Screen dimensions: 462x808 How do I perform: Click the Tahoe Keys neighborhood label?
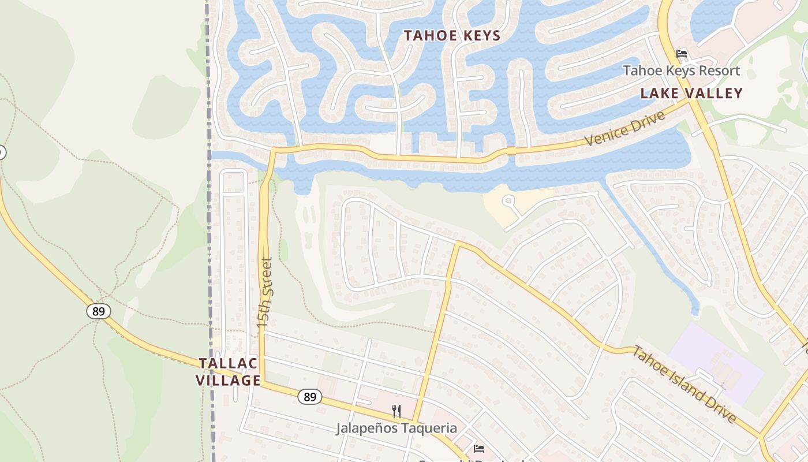pos(452,36)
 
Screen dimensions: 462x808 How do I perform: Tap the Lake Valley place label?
pos(691,93)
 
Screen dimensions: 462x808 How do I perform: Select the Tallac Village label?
pos(228,371)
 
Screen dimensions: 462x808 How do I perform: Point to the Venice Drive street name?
pos(624,129)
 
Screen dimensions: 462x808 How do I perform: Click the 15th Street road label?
pos(265,292)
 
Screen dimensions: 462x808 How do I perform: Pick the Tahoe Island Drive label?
pos(684,383)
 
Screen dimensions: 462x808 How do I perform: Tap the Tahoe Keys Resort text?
pos(681,71)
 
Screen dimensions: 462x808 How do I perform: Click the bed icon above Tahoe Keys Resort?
pos(682,54)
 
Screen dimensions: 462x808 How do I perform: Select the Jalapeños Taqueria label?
pos(396,428)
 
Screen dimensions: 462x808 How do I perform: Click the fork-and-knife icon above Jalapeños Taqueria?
pos(396,411)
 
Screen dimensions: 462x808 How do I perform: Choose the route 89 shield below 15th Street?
pos(310,397)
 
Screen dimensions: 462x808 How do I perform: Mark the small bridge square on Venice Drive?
pos(511,151)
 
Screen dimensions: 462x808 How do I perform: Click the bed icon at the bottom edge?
pos(478,448)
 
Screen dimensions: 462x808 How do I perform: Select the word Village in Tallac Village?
pos(228,380)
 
